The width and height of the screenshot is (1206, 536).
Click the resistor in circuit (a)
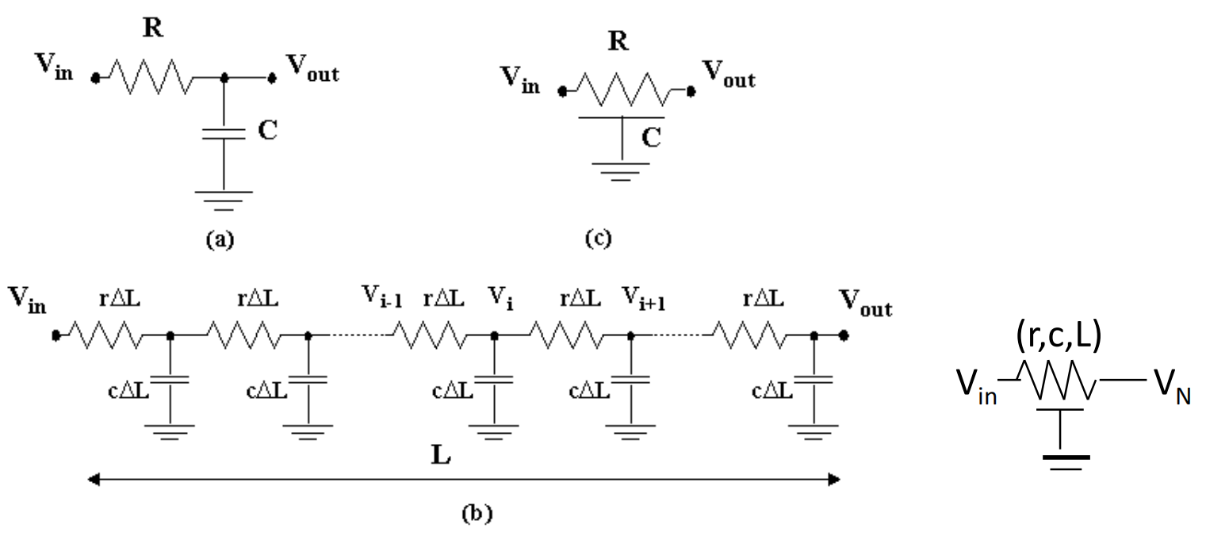pos(151,78)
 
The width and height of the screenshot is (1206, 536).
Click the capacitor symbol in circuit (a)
pos(224,134)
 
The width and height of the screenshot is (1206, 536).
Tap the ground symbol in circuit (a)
pos(224,201)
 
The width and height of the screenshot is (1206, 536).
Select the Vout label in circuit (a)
pos(313,68)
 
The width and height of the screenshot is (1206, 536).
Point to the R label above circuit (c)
pos(618,41)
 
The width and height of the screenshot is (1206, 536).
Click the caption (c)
pos(598,239)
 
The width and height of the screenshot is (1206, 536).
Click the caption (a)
pos(220,239)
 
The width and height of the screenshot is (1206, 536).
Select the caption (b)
pos(477,513)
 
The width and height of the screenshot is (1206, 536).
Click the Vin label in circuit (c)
pos(520,80)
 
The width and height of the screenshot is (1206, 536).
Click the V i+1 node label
pos(644,299)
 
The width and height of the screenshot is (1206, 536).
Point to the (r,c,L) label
pos(1059,336)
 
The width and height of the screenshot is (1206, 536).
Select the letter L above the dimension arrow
pos(441,455)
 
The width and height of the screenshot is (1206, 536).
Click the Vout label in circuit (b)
pos(866,302)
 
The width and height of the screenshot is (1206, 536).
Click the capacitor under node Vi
pos(494,380)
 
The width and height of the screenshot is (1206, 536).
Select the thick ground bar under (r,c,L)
pos(1066,458)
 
